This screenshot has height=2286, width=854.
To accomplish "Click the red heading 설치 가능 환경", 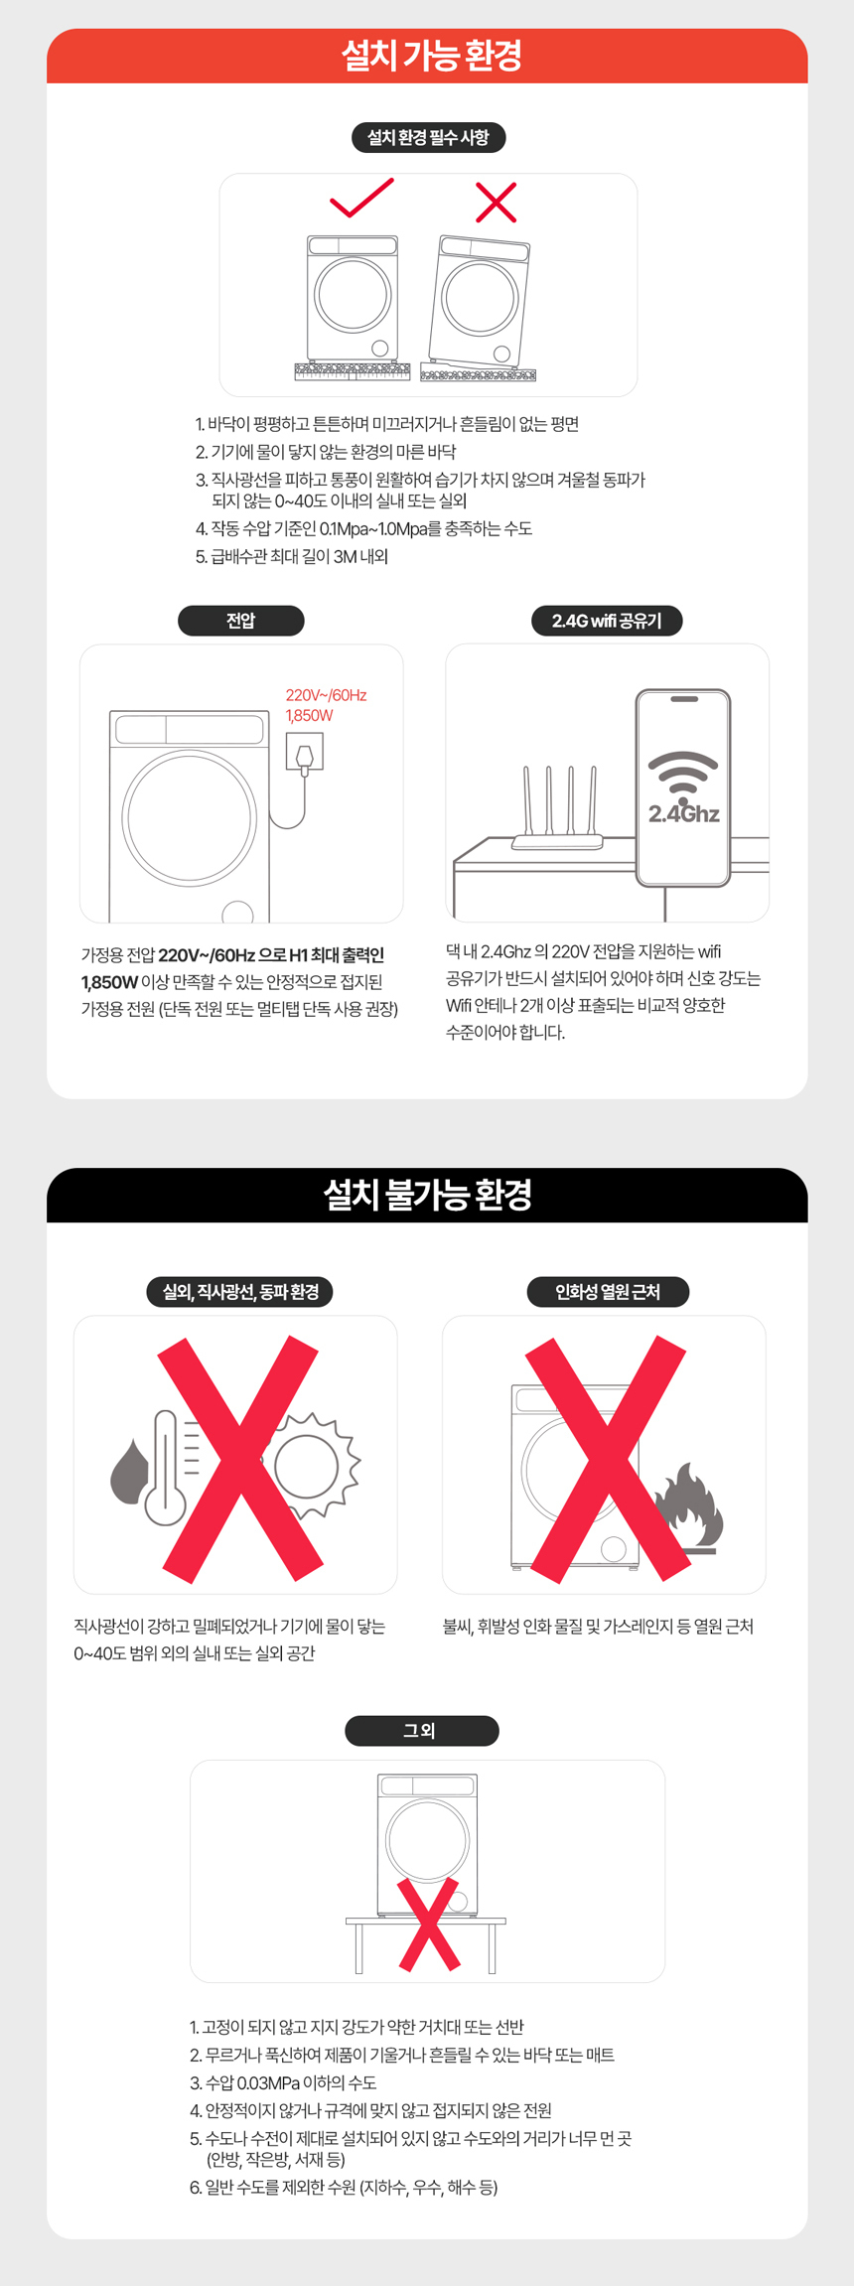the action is (x=431, y=56).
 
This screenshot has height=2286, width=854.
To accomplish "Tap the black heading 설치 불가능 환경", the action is (x=427, y=1194).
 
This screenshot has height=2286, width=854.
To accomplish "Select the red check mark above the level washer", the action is (x=361, y=198).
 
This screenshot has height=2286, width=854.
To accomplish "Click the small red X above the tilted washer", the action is (x=496, y=202).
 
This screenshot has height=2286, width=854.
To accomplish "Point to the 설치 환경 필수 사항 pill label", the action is (x=428, y=137).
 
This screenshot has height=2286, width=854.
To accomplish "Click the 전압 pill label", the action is (x=240, y=621).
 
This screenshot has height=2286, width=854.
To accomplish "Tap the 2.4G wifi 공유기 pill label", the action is (x=607, y=621).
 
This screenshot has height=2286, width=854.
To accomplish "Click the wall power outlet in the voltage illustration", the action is (x=304, y=752).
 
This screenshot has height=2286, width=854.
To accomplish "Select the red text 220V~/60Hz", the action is (x=326, y=695).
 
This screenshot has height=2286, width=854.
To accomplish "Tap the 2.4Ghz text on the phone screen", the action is (x=684, y=814).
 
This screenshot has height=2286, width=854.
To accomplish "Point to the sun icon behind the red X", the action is (x=308, y=1466).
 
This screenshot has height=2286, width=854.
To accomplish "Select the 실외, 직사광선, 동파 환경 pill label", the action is (x=240, y=1292).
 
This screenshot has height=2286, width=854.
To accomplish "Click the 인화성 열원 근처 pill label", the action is (x=608, y=1292).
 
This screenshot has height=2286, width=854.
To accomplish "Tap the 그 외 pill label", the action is (x=421, y=1731).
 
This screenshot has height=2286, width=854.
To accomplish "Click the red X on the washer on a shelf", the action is (x=429, y=1924).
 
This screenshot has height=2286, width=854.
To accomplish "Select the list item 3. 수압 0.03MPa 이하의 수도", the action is (x=283, y=2082).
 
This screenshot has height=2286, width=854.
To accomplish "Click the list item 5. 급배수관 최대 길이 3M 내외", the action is (x=291, y=556).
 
